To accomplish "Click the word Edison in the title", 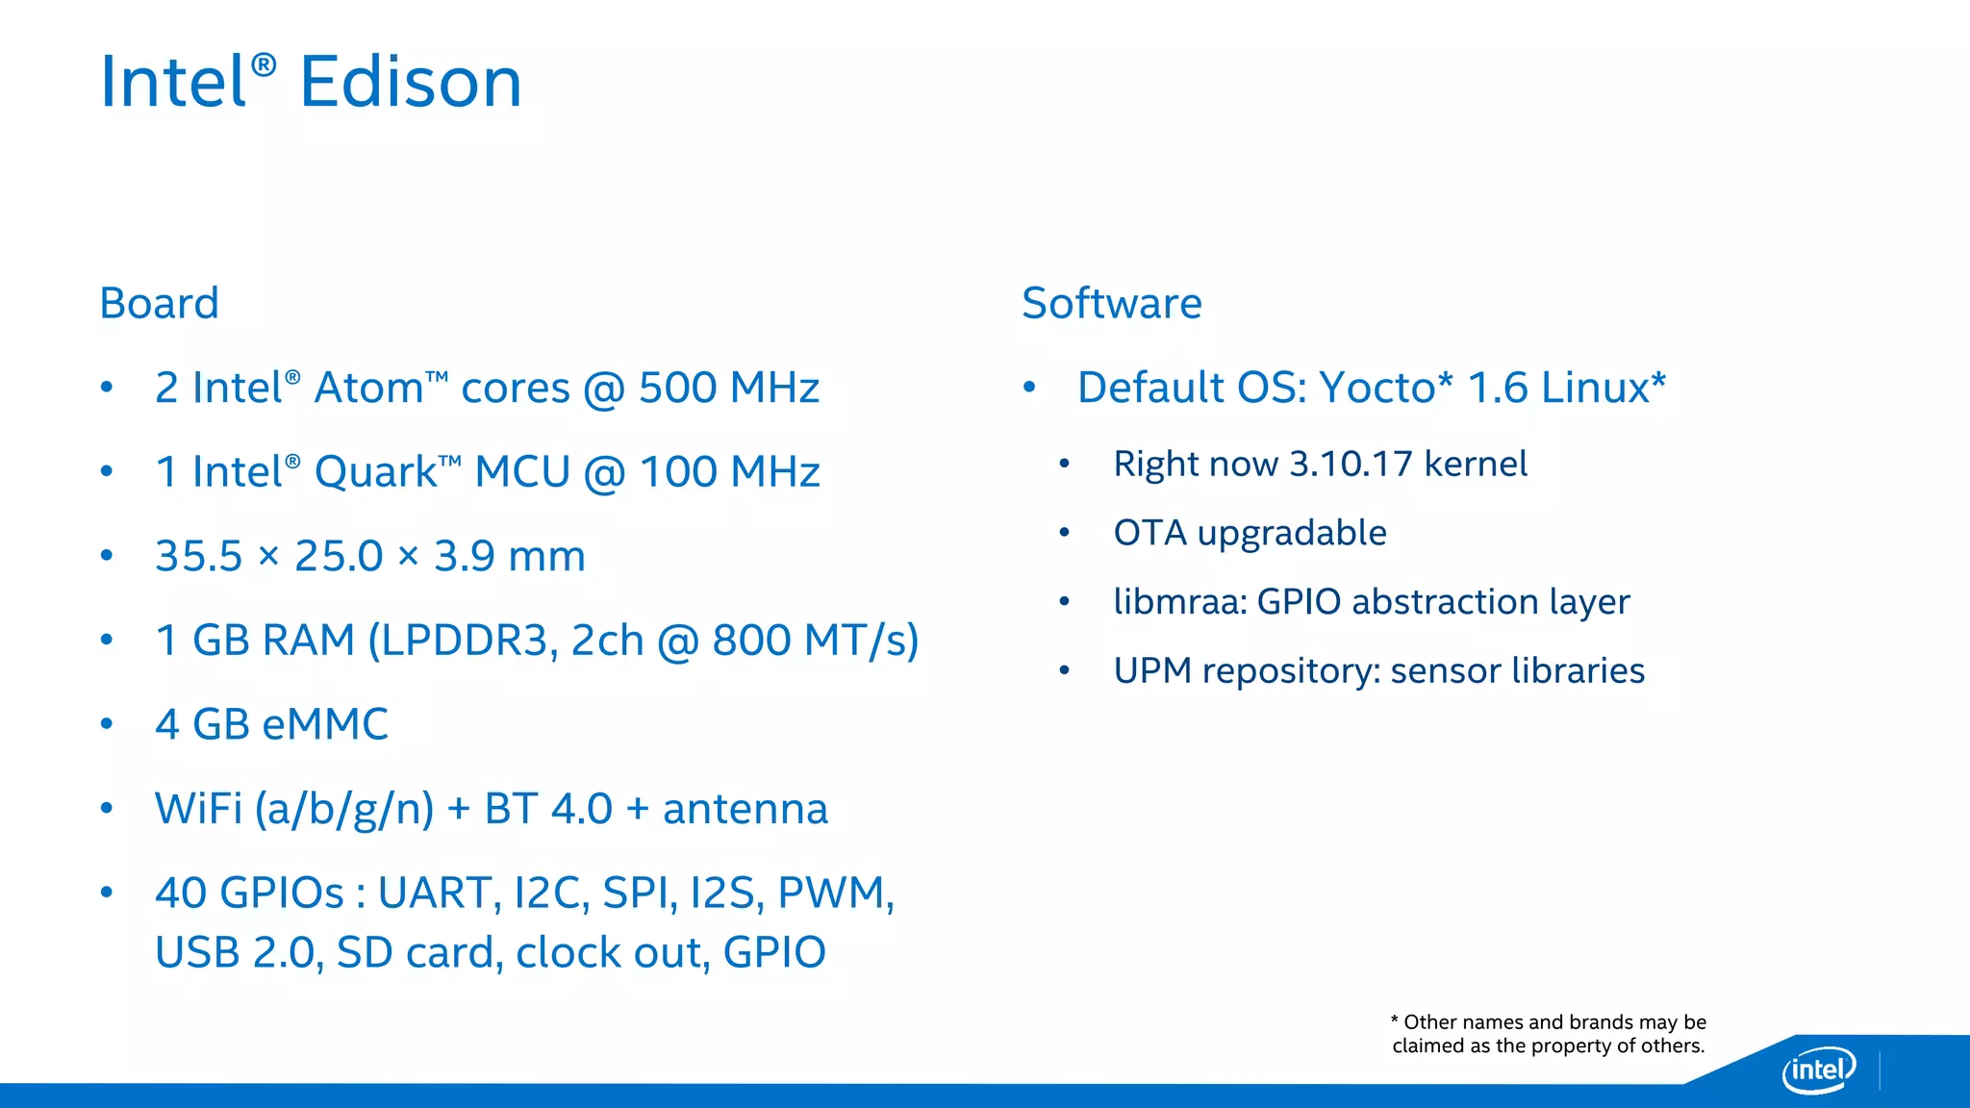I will pyautogui.click(x=411, y=83).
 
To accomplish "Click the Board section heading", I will pyautogui.click(x=160, y=304).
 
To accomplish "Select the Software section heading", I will pyautogui.click(x=1111, y=304).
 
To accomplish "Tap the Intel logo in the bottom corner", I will pyautogui.click(x=1818, y=1069).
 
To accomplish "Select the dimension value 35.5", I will pyautogui.click(x=199, y=557).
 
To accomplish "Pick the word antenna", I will pyautogui.click(x=745, y=809).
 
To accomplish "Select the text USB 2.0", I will pyautogui.click(x=236, y=953).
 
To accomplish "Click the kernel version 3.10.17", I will pyautogui.click(x=1351, y=465).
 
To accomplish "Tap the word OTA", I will pyautogui.click(x=1149, y=534).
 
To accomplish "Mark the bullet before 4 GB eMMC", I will pyautogui.click(x=107, y=724).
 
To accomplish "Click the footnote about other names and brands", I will pyautogui.click(x=1549, y=1034).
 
